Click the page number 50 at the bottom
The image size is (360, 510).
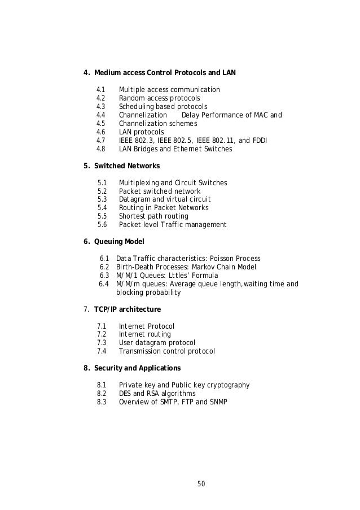201,483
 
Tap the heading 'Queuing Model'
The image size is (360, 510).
122,241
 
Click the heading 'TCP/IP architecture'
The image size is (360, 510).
128,309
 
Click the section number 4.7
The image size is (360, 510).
102,141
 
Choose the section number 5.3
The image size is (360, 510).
102,199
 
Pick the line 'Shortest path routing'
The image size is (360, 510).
153,216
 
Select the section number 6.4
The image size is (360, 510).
104,284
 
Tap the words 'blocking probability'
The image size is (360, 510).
148,293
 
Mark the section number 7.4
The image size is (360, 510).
102,351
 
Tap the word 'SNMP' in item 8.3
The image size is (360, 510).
216,402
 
